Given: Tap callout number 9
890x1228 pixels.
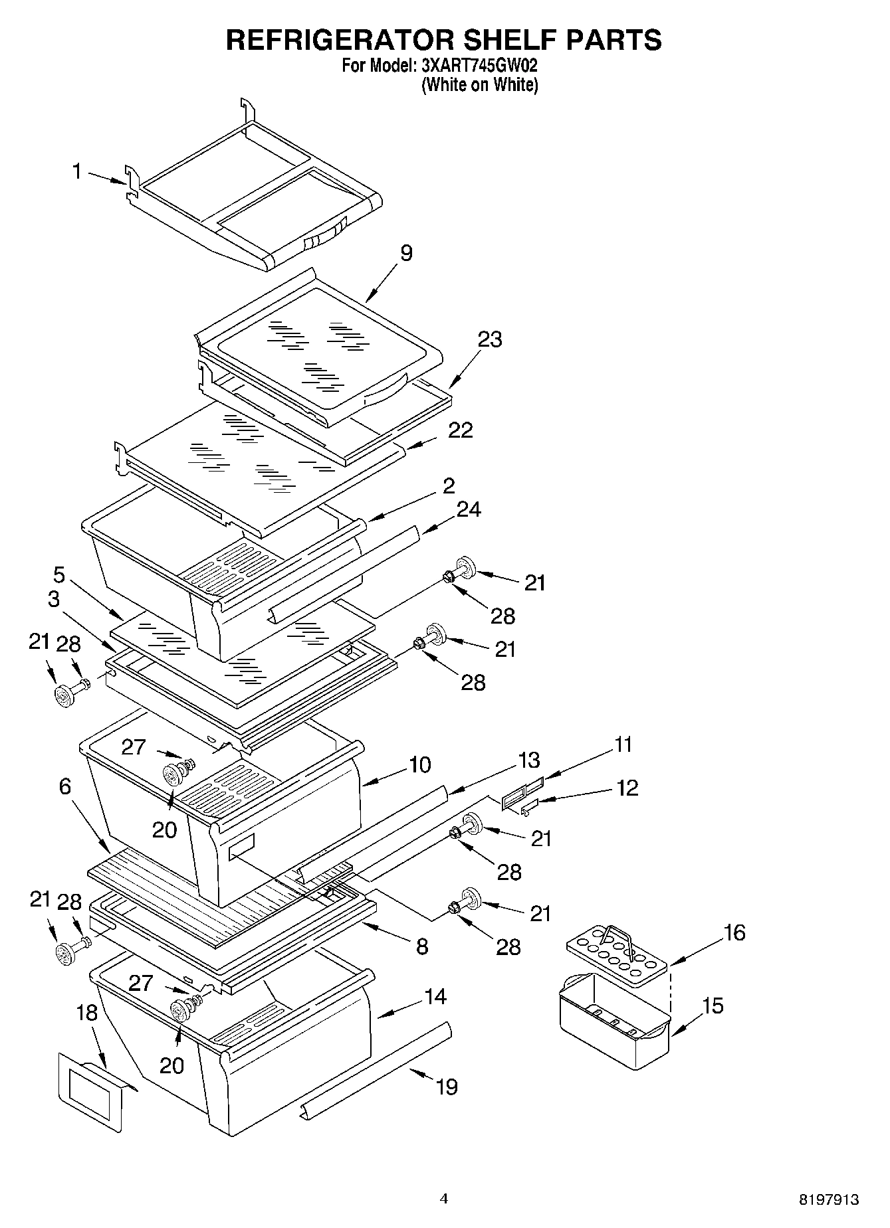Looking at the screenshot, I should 406,253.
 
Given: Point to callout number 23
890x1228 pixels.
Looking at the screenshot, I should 490,339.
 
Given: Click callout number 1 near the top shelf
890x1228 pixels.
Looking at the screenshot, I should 77,171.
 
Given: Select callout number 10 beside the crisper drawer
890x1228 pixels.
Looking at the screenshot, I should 419,764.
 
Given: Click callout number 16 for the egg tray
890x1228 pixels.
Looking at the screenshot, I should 734,932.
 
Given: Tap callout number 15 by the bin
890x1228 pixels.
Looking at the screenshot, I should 712,1006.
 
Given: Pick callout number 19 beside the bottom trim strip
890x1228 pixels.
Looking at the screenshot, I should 447,1087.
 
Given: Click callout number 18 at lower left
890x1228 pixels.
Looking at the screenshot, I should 86,1013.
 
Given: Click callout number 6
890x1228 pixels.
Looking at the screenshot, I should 64,786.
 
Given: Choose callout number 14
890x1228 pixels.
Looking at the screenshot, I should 435,996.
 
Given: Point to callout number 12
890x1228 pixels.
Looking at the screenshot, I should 627,788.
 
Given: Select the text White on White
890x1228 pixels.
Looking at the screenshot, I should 479,85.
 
